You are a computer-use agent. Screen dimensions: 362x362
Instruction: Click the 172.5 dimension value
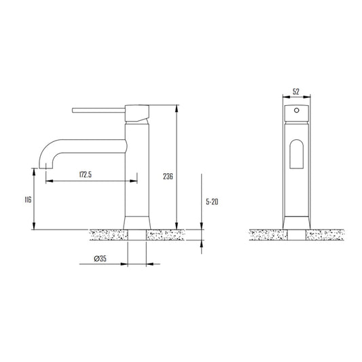point(86,175)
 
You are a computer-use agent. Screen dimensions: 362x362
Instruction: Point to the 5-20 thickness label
point(212,202)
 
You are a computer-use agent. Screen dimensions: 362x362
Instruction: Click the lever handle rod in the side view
point(99,108)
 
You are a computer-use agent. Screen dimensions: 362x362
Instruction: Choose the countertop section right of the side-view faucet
point(167,235)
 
